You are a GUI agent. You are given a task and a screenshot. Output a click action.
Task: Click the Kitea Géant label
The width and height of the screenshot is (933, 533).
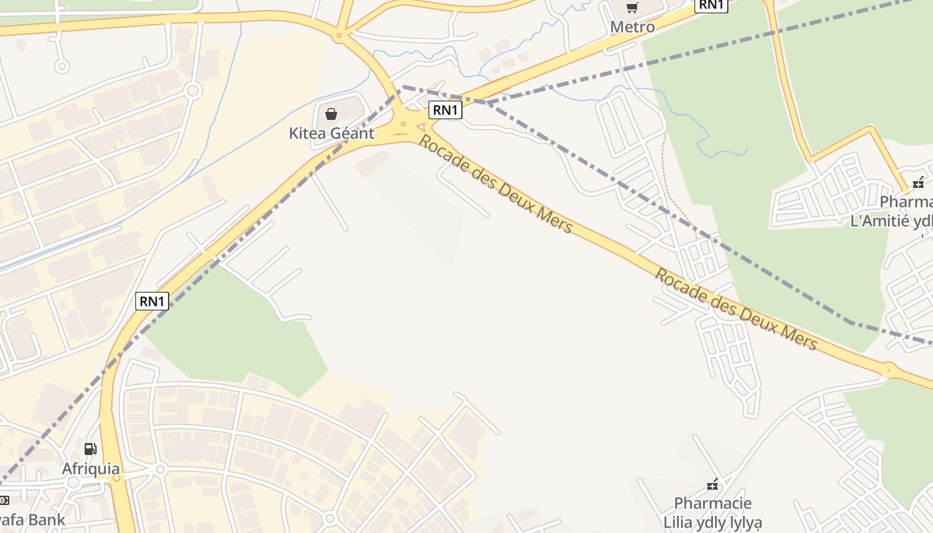click(331, 133)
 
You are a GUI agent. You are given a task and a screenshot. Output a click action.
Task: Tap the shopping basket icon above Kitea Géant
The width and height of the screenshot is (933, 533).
click(331, 114)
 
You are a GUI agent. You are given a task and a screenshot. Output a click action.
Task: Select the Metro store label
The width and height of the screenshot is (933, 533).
click(632, 27)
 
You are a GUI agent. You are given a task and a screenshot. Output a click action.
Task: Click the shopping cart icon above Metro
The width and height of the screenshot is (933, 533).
click(632, 8)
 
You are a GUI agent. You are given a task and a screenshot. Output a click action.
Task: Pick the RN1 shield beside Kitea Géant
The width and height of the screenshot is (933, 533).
click(445, 111)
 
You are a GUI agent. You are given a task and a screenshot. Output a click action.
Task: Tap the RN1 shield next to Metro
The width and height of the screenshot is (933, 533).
click(711, 5)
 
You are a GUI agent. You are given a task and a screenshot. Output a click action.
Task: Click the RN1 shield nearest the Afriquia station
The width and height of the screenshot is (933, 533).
click(152, 301)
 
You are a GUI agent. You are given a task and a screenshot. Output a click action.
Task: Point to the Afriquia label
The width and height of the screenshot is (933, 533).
click(91, 469)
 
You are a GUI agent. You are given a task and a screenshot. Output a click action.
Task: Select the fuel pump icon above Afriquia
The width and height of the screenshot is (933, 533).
click(91, 449)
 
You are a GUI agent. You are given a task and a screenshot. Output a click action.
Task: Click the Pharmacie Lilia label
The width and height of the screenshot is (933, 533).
click(712, 512)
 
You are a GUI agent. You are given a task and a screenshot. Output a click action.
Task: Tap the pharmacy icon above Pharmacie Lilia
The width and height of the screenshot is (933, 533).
click(713, 484)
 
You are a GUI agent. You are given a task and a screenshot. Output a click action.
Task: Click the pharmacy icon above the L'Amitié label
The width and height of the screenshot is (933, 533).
click(918, 182)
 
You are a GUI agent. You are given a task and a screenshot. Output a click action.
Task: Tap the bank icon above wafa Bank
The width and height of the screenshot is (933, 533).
click(3, 500)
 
